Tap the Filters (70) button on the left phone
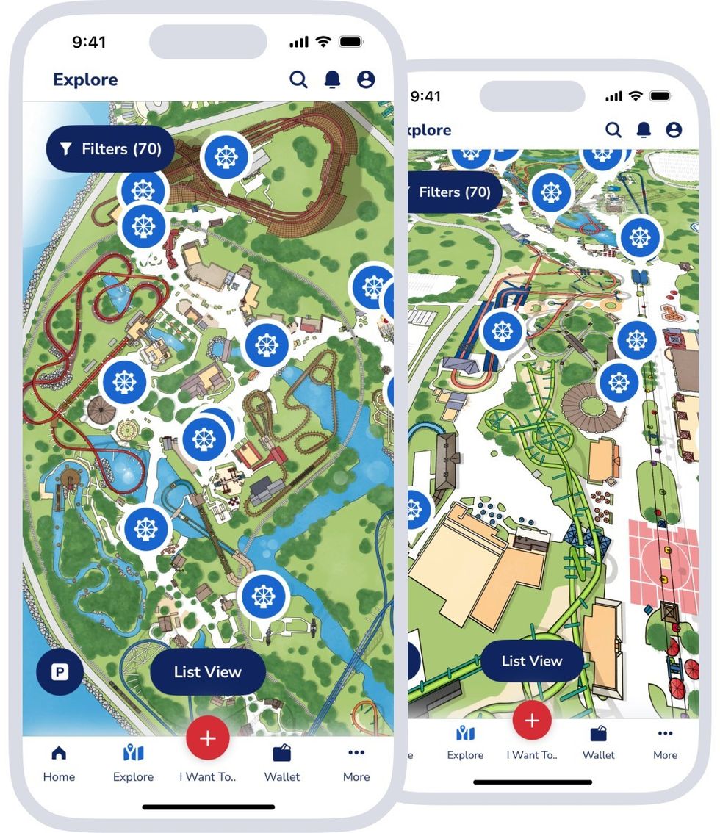tap(110, 149)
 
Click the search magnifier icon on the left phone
tap(298, 79)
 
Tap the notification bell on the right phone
tap(644, 130)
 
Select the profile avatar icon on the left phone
tap(366, 79)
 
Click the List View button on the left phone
tap(207, 671)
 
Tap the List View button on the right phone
tap(531, 660)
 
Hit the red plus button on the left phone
tap(208, 738)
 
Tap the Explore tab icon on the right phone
tap(465, 734)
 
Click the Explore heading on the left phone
tap(85, 79)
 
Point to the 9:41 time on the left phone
tap(89, 42)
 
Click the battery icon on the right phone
tap(660, 96)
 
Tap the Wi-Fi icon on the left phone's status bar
tap(323, 42)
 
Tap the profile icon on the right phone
tap(674, 130)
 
